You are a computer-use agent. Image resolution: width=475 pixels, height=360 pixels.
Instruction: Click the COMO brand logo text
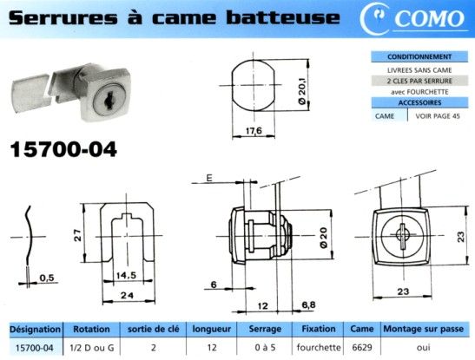(x=430, y=18)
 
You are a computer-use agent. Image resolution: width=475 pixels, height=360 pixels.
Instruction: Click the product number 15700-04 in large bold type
(x=63, y=149)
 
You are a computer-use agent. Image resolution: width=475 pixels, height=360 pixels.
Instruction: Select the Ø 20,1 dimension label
(x=303, y=90)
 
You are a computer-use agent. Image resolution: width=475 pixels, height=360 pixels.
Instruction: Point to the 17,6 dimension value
(x=254, y=131)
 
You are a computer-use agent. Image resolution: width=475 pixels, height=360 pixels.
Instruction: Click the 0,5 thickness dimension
(x=47, y=278)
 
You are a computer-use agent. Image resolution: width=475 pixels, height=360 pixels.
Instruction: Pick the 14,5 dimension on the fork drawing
(x=126, y=275)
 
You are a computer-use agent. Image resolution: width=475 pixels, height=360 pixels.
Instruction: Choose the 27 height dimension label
(x=78, y=235)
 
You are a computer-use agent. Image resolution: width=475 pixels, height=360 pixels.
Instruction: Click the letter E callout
(x=209, y=178)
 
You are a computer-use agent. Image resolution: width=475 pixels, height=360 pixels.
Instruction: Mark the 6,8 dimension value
(x=308, y=305)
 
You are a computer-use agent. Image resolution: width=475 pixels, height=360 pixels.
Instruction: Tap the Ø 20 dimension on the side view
(x=324, y=238)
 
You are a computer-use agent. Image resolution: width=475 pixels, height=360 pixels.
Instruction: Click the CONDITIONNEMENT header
(x=419, y=56)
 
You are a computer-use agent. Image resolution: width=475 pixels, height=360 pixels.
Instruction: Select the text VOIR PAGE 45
(x=438, y=116)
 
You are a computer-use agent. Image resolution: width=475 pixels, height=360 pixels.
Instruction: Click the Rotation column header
(x=91, y=329)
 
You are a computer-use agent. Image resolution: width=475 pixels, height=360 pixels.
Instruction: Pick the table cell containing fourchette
(x=319, y=348)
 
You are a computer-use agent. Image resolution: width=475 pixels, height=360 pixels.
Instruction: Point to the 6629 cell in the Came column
(x=362, y=348)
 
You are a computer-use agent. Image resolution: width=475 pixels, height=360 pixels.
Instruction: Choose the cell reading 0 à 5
(x=265, y=348)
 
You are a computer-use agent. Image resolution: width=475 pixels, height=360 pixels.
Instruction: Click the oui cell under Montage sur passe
(x=424, y=348)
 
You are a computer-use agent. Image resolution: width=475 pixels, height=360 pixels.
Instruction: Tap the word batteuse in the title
(x=283, y=17)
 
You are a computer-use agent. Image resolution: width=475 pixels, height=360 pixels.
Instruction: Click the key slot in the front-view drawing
(x=402, y=236)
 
